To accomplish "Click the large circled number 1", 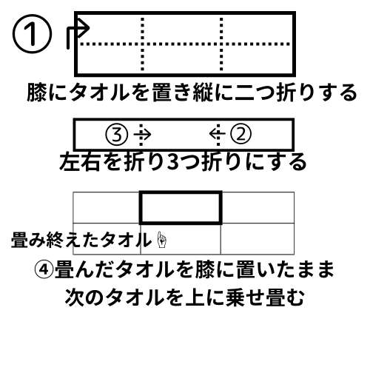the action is [32, 34].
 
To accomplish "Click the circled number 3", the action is [117, 135].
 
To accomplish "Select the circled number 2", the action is [240, 134].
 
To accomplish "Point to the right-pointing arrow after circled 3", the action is [143, 135].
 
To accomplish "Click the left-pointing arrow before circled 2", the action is [217, 134].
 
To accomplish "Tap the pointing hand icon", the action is [161, 240].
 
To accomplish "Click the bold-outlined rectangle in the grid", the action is [140, 208].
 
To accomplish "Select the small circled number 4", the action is [44, 269].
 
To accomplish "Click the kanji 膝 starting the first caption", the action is [37, 92].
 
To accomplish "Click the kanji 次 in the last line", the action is [75, 297].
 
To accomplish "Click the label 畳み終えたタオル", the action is [81, 240].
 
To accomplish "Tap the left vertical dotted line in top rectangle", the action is [142, 44].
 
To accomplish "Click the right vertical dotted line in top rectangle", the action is [221, 44].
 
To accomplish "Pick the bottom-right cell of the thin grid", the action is [258, 239].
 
